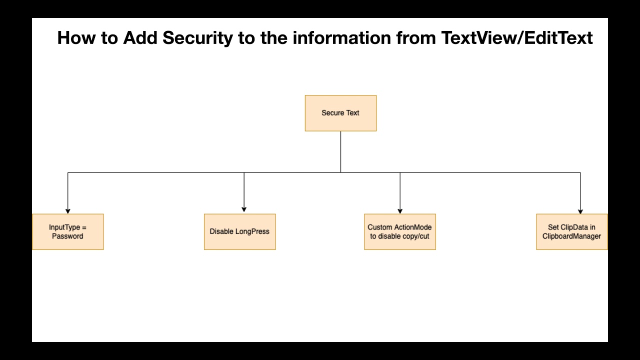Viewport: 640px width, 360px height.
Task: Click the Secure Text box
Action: coord(340,113)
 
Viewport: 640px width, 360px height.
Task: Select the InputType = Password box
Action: coord(67,231)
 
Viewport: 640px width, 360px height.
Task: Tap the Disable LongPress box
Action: coord(239,231)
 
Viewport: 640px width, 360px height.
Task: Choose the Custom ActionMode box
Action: coord(399,231)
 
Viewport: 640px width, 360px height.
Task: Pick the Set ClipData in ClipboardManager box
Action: coord(571,231)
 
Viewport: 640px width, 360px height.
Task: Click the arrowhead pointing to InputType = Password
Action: coord(68,211)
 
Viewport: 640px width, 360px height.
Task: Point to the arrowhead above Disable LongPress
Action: coord(244,209)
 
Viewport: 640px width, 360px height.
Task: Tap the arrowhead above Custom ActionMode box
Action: coord(400,211)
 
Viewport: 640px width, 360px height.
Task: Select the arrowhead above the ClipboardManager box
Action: coord(580,211)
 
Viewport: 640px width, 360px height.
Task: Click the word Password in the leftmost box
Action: coord(67,236)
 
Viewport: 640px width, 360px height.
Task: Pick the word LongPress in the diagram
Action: coord(252,231)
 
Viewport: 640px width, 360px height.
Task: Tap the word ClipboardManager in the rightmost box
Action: coord(571,236)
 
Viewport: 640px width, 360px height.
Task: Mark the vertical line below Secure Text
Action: coord(340,151)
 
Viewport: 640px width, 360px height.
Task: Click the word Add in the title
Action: coord(139,38)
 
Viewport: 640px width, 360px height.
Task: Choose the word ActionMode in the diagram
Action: coord(412,227)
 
